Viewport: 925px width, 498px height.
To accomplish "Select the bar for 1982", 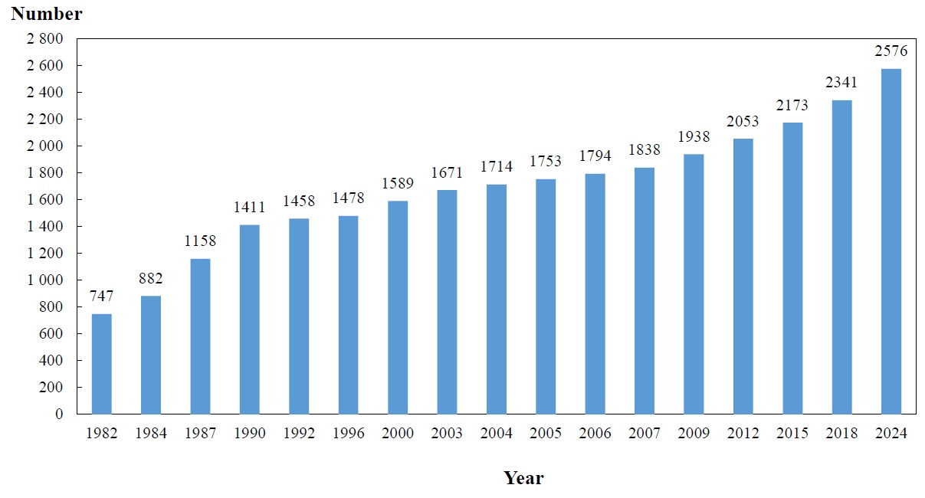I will click(102, 364).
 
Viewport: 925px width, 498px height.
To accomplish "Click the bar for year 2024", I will click(891, 241).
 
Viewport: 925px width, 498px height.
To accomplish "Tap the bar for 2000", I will click(398, 307).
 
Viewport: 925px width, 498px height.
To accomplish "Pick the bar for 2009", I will click(694, 284).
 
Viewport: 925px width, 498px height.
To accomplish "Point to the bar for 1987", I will click(200, 336).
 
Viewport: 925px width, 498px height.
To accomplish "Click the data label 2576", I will click(891, 52).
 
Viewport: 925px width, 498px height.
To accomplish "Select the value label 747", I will click(102, 297).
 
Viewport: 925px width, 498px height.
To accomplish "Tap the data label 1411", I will click(250, 208).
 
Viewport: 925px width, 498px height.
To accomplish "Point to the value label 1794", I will click(595, 157).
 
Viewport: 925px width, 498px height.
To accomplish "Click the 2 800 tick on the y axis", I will click(46, 39).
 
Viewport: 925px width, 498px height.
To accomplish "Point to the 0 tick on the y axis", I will click(60, 414).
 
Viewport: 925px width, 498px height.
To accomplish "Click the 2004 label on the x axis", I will click(497, 434).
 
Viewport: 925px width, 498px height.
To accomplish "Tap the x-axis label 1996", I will click(349, 434).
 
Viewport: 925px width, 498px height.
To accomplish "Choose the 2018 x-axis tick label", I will click(841, 434).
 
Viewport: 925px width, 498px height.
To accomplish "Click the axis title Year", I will click(523, 478).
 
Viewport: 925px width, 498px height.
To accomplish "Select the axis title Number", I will click(47, 14).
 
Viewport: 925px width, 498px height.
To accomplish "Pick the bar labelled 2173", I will click(792, 268).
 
